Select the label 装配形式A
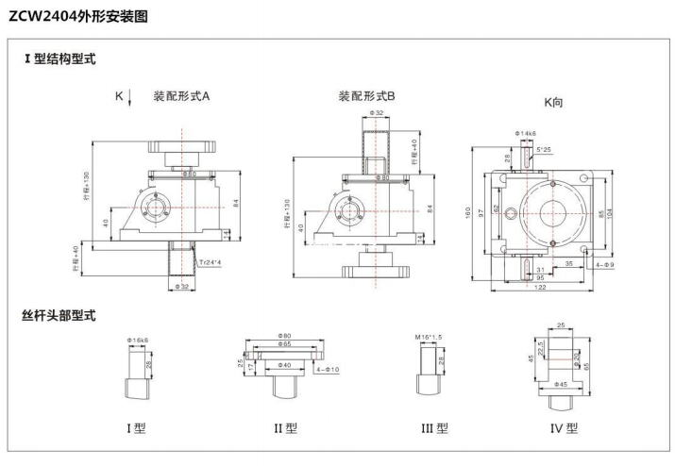coord(181,95)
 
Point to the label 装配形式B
coord(366,95)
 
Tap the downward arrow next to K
coord(130,96)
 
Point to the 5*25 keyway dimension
coord(544,149)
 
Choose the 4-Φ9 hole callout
coord(606,265)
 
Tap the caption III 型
coord(434,428)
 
